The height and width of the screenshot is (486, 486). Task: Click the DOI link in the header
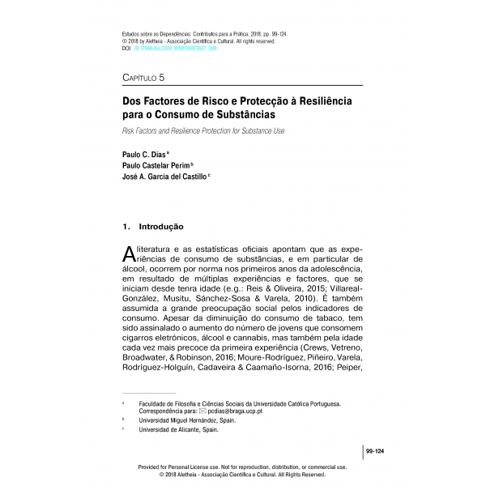171,49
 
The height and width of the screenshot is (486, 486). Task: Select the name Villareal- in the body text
339,287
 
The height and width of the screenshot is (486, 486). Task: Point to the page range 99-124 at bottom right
374,450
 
